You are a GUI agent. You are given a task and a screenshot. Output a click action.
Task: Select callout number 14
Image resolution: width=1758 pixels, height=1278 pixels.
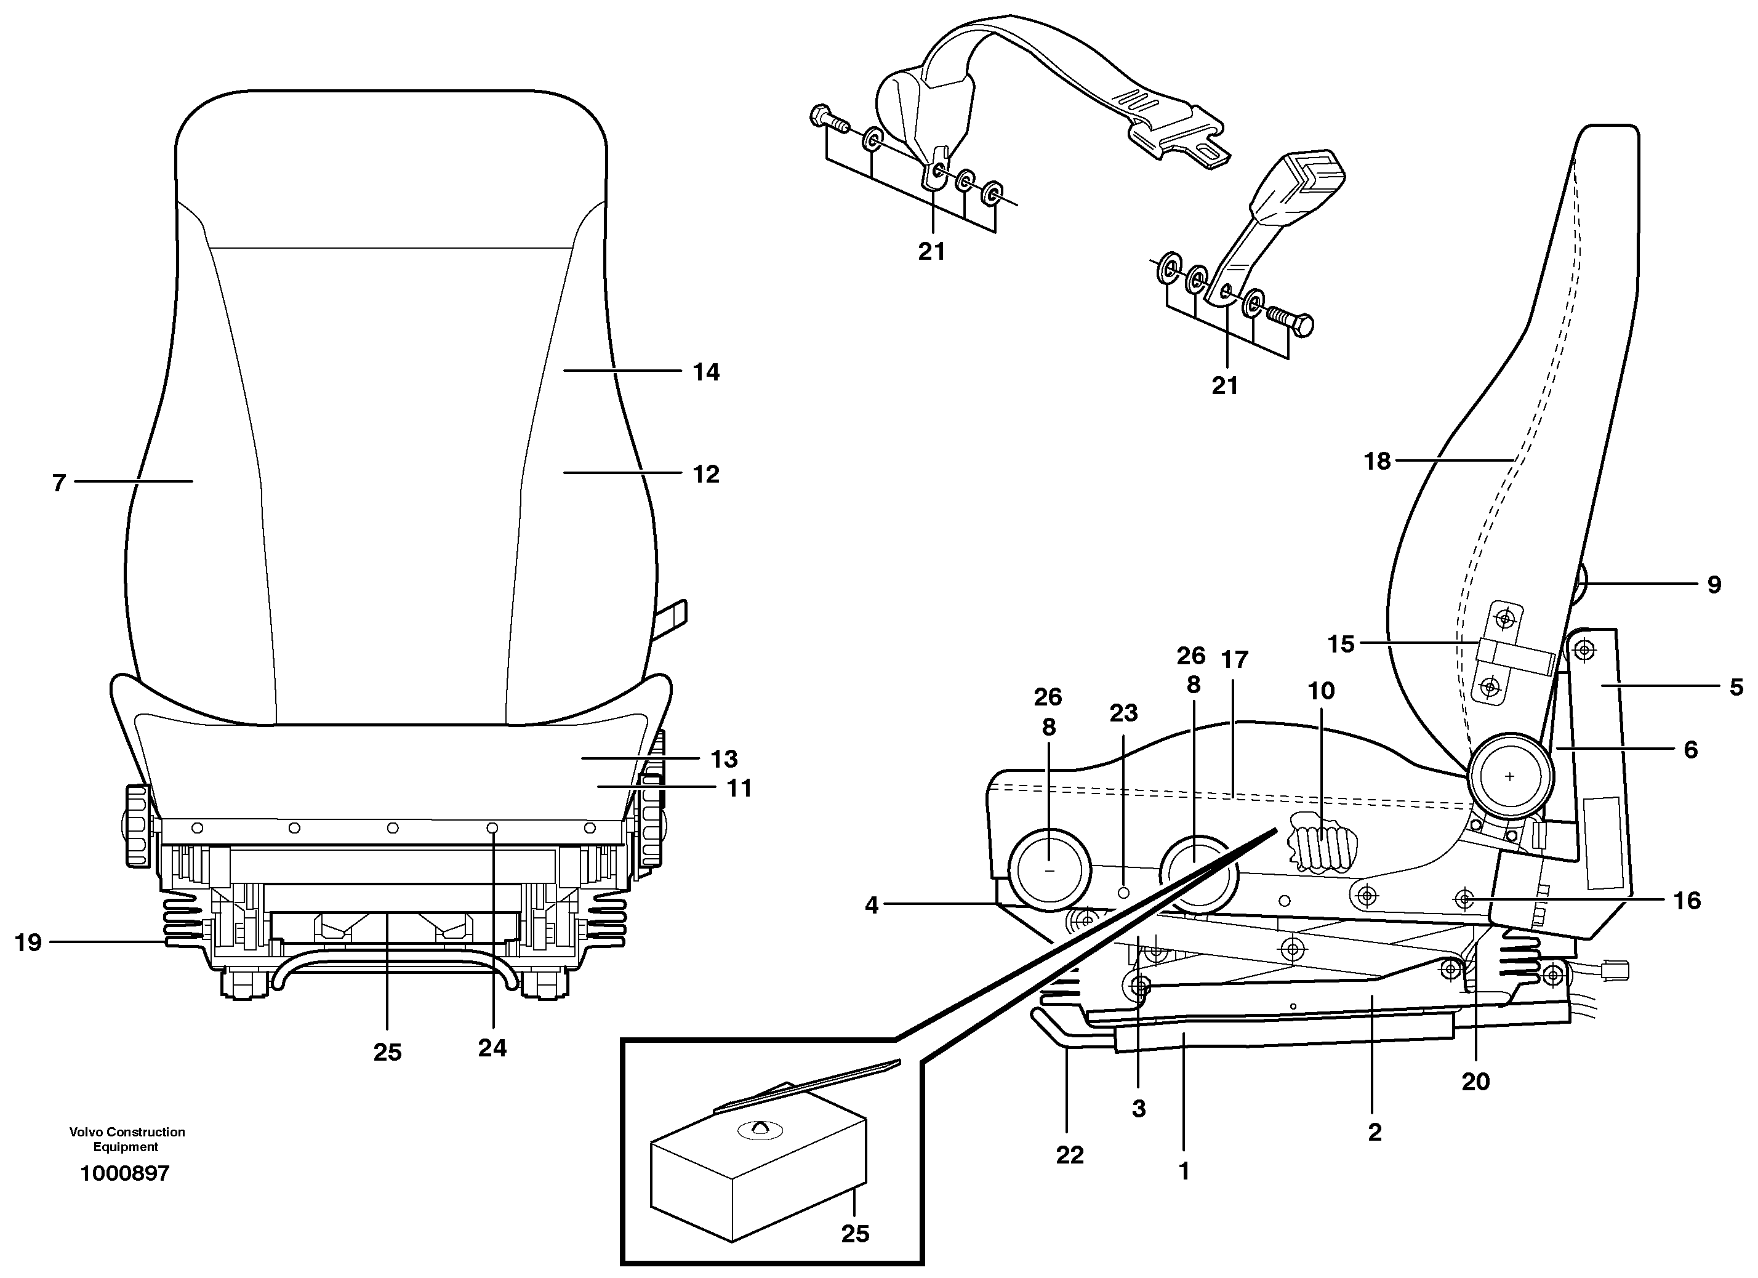[x=705, y=372]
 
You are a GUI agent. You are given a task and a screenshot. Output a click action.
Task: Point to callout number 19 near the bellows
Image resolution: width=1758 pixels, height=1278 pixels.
[x=28, y=942]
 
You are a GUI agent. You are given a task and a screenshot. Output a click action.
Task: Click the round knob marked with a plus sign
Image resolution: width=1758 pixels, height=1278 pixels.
[x=1509, y=776]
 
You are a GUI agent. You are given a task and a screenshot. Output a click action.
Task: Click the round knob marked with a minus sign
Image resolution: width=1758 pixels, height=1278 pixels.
[x=1050, y=871]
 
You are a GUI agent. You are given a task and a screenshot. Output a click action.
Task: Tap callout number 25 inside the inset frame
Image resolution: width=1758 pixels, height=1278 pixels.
[x=855, y=1234]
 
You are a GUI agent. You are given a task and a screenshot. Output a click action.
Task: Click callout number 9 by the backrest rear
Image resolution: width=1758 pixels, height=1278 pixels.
[x=1714, y=584]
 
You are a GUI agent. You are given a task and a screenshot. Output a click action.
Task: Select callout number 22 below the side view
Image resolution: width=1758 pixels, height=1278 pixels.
[x=1069, y=1155]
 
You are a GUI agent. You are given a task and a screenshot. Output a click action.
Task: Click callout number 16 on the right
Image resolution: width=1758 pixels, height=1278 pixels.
[x=1687, y=900]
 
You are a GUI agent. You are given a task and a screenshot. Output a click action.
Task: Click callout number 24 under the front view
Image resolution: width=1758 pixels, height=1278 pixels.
[x=492, y=1048]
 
